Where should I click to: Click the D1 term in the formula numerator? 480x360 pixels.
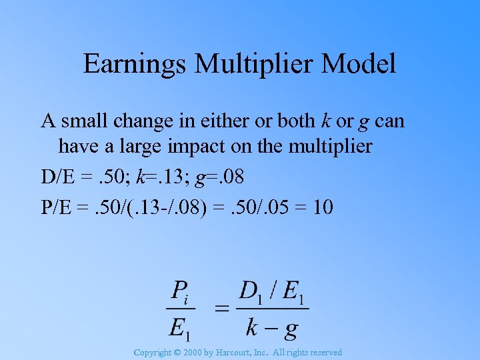(252, 292)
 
